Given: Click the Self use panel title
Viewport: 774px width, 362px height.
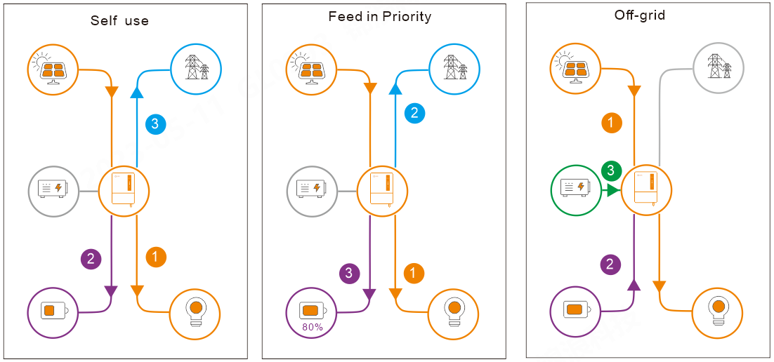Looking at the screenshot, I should click(119, 20).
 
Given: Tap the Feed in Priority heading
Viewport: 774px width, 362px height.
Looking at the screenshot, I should click(380, 16).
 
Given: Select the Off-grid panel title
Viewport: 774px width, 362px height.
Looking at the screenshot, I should click(640, 15).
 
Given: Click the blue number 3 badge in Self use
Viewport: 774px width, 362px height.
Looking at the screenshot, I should click(155, 124).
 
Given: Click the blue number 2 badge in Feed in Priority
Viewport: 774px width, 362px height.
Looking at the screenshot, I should click(414, 113).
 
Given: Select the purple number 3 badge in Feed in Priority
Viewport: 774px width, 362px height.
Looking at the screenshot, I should click(349, 273).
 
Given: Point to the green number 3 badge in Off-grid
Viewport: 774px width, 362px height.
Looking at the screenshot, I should click(612, 170).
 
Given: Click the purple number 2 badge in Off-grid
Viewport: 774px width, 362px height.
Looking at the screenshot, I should click(610, 264).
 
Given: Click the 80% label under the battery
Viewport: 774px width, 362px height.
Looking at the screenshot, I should click(312, 327).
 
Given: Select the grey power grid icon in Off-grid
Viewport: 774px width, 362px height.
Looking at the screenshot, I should click(718, 68).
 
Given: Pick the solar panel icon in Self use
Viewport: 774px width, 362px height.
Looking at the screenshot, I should click(54, 69).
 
